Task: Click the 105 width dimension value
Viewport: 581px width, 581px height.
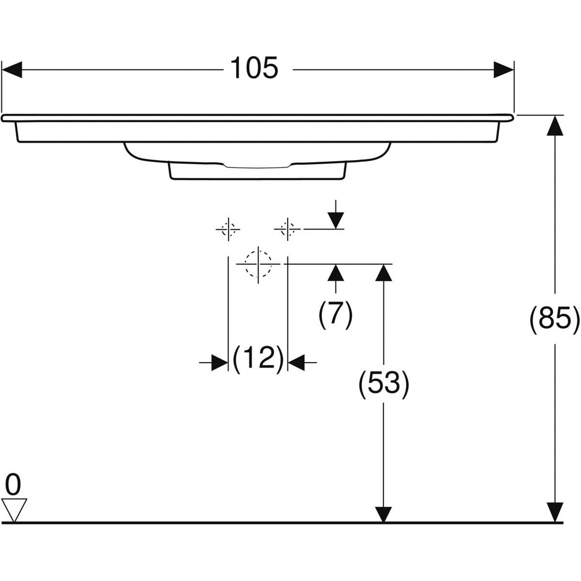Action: pos(254,68)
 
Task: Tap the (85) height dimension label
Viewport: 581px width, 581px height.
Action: pos(555,319)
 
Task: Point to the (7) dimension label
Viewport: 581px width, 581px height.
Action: pos(335,314)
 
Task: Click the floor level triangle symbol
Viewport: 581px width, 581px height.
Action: pos(14,510)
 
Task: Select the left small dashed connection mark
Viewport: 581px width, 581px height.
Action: pos(228,229)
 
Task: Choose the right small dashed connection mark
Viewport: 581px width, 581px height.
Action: pos(287,229)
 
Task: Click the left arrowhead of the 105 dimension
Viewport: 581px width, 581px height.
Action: pos(12,70)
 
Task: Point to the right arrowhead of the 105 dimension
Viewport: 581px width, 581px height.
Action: pos(504,70)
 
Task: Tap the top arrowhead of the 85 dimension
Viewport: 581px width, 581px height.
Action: pos(555,125)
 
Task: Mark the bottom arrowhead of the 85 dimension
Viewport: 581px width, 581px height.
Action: pos(555,512)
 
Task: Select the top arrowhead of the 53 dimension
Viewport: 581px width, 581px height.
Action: pos(383,273)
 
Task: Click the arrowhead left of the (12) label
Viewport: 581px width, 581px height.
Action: pos(220,363)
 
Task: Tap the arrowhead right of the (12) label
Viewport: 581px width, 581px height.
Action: pos(296,363)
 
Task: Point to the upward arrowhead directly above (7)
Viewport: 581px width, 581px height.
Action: pos(335,273)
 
